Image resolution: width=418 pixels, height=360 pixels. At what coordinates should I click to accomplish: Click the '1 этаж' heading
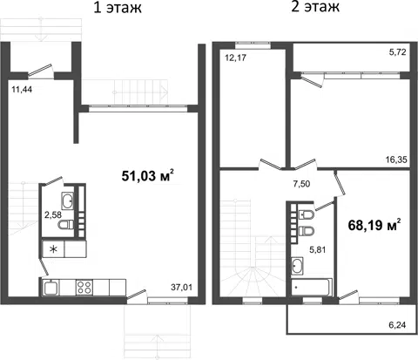tap(118, 8)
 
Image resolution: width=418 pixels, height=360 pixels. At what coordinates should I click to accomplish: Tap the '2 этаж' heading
tap(315, 6)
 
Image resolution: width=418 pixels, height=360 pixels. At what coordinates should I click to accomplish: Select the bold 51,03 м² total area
tap(148, 175)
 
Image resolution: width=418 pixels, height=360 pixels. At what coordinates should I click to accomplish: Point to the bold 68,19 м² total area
tap(374, 225)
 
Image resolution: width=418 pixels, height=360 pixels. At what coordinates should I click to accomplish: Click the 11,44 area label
tap(22, 90)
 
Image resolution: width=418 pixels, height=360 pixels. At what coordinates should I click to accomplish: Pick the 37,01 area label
tap(181, 288)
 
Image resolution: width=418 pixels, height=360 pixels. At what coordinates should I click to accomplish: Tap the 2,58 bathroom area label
tap(53, 215)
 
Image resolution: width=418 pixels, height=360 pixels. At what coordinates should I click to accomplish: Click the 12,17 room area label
tap(235, 58)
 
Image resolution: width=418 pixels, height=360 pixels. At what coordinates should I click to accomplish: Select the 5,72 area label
tap(397, 52)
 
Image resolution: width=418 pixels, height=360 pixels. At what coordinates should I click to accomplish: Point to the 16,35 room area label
tap(396, 160)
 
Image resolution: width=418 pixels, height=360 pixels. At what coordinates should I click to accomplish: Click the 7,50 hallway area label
tap(301, 184)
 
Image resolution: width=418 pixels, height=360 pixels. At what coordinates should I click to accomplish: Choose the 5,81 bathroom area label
tap(317, 249)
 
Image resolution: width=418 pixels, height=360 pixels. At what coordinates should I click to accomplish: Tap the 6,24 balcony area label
tap(397, 325)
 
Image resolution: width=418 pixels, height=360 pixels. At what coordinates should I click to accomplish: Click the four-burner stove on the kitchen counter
tap(84, 288)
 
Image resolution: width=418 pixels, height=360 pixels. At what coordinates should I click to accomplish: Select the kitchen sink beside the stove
tap(51, 288)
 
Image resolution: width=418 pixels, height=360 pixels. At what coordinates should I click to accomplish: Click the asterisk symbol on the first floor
tap(53, 249)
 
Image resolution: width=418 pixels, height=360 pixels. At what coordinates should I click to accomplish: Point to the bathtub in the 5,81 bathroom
tap(312, 288)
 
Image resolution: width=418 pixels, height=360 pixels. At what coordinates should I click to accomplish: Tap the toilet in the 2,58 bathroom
tap(66, 225)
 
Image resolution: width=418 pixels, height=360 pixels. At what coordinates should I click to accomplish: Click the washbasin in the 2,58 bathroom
tap(68, 200)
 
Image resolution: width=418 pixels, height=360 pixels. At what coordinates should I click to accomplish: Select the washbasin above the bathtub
tap(297, 266)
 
